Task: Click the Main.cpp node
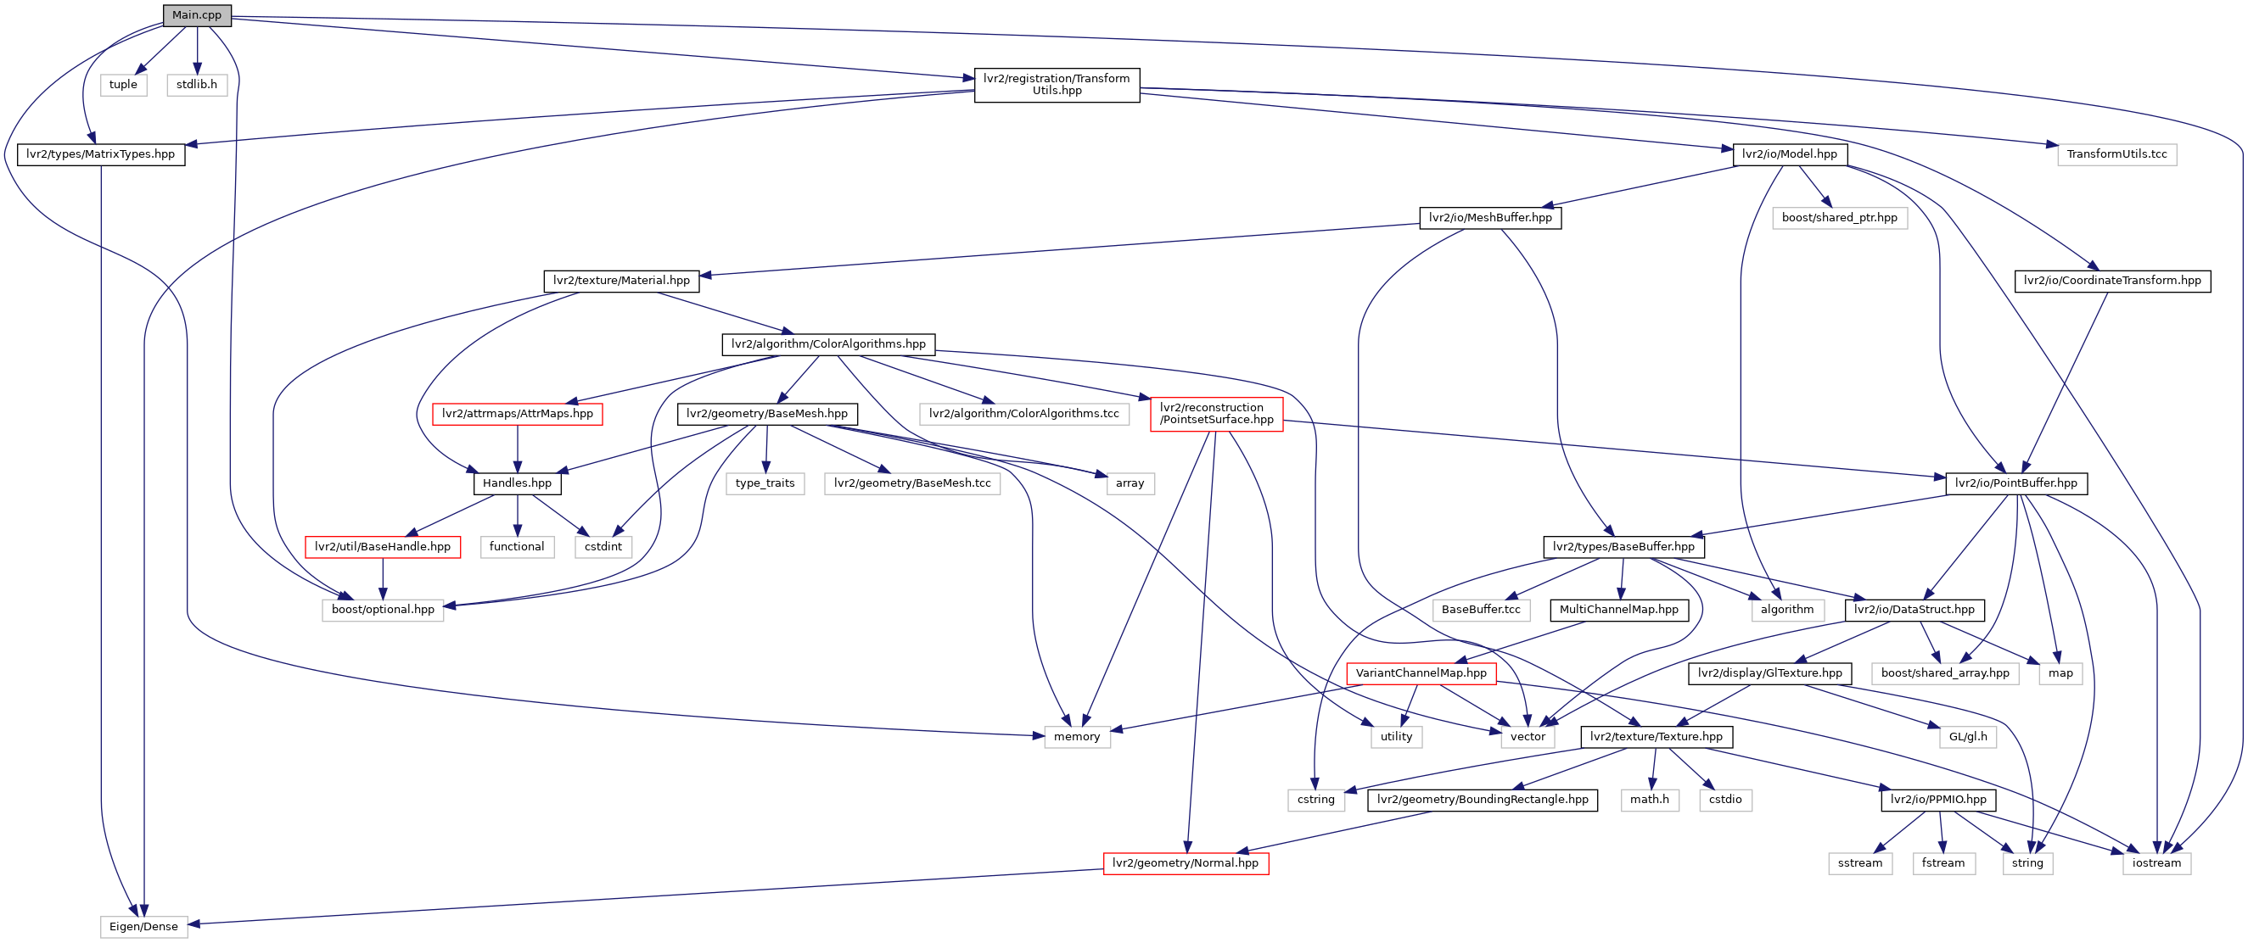coord(196,14)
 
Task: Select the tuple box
coord(123,85)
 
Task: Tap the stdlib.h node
coord(196,85)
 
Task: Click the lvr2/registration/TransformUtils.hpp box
coord(1056,85)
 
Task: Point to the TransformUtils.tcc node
coord(2116,154)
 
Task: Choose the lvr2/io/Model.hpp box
coord(1789,154)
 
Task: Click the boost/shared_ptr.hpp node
coord(1839,218)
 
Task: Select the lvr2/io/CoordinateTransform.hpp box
coord(2112,281)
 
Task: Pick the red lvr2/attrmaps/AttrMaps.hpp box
coord(517,414)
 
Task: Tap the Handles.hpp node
coord(517,483)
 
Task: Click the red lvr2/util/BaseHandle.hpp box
coord(382,547)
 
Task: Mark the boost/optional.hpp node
coord(382,610)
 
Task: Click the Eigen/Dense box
coord(143,926)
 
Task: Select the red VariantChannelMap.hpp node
coord(1421,673)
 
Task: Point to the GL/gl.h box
coord(1968,737)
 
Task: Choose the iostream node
coord(2156,863)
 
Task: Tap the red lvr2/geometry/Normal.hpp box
coord(1185,863)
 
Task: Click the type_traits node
coord(765,483)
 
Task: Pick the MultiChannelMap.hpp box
coord(1618,610)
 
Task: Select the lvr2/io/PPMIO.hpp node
coord(1937,800)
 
